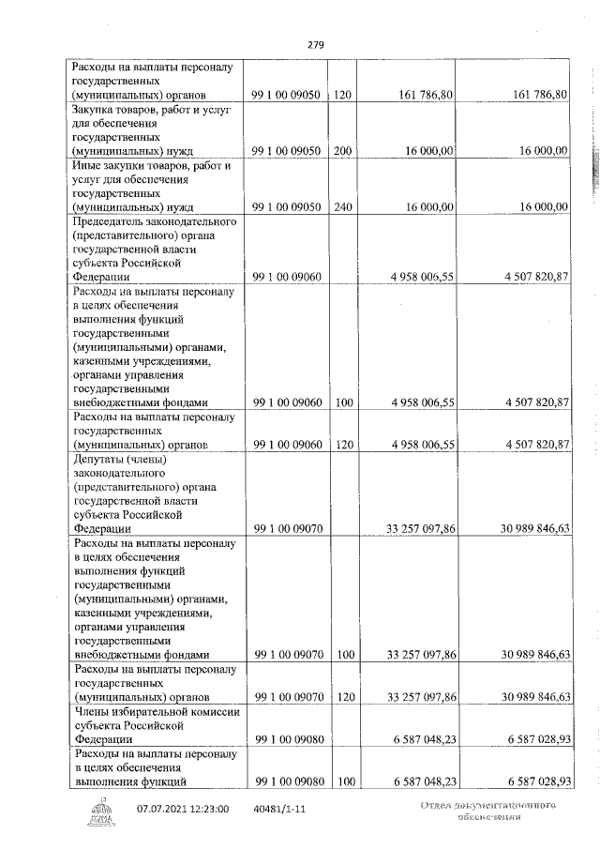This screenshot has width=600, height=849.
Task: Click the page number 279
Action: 315,43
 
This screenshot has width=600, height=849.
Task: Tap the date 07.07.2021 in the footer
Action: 164,808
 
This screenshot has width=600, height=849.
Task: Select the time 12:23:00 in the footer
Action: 212,808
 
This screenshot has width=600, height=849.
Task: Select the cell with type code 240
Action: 342,206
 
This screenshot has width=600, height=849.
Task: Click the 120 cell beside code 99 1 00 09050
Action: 342,95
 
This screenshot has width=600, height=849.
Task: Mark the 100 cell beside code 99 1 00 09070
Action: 342,654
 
